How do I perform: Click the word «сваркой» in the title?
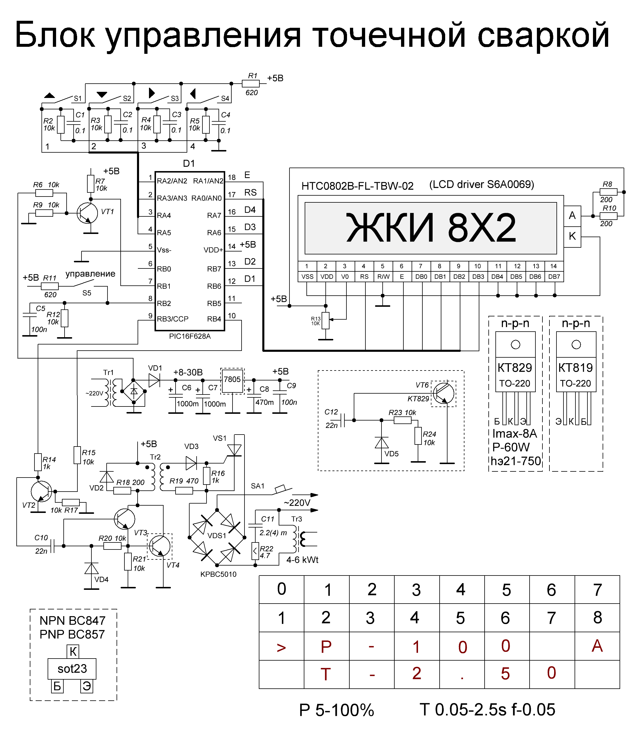coord(543,36)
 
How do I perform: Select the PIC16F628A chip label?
coord(190,336)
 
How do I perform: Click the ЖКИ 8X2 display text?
coord(431,228)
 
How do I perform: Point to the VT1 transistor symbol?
coord(87,213)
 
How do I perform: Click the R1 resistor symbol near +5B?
coord(251,84)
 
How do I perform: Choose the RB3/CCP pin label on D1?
coord(173,319)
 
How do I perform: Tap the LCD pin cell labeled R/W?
coord(383,277)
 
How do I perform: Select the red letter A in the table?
coord(597,646)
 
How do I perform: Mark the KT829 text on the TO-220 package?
coord(515,368)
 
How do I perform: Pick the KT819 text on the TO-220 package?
coord(575,368)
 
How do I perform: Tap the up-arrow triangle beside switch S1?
coord(49,95)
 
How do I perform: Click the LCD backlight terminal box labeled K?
coord(572,236)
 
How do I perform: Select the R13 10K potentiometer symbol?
coord(326,321)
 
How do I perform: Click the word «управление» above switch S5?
coord(90,274)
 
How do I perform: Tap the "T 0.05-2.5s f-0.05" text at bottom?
coord(487,710)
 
